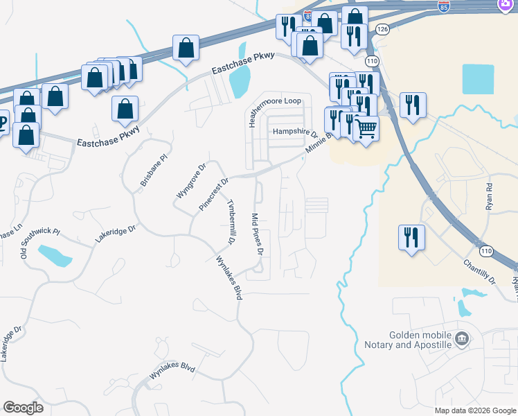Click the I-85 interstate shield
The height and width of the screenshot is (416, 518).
[x=444, y=7]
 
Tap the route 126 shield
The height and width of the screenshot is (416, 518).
[x=383, y=28]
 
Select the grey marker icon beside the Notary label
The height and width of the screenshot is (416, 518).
[x=461, y=339]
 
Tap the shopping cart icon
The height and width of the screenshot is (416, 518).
[x=366, y=127]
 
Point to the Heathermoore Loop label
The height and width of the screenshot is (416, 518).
[x=275, y=101]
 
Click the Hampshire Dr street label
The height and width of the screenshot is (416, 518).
[x=294, y=132]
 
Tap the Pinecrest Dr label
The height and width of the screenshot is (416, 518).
[x=213, y=194]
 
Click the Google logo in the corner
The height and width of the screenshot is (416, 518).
[x=23, y=407]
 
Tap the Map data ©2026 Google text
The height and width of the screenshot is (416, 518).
[x=474, y=410]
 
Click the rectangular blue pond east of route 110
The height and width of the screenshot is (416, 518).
[x=478, y=79]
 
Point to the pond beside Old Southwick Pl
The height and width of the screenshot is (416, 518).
[x=55, y=255]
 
